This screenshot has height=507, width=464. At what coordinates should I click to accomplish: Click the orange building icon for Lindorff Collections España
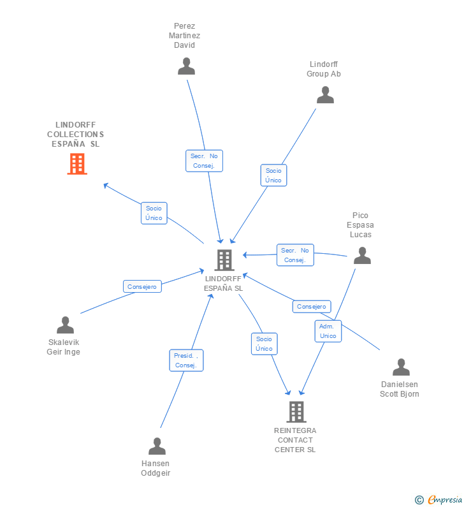click(x=77, y=164)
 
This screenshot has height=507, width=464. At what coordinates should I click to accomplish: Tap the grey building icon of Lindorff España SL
click(x=224, y=260)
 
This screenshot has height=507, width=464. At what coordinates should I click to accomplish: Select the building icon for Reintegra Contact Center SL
click(x=296, y=412)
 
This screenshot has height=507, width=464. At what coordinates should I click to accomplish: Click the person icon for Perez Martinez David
click(x=186, y=66)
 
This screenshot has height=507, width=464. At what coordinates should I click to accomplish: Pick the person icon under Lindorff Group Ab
click(x=325, y=95)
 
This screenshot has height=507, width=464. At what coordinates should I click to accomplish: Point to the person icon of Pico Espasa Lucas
click(x=362, y=256)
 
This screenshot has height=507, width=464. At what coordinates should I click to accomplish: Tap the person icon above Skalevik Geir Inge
click(x=65, y=325)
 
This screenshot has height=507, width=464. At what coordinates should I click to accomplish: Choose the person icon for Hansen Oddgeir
click(x=157, y=446)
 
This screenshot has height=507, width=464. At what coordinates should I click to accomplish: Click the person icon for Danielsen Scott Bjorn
click(x=401, y=367)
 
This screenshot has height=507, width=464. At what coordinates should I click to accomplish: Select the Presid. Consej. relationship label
click(x=186, y=360)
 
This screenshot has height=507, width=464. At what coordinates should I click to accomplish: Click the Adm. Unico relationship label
click(x=328, y=331)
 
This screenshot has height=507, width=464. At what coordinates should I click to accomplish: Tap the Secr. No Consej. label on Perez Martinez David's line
click(x=204, y=161)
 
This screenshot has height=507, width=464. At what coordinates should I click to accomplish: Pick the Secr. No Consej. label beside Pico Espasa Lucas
click(x=295, y=255)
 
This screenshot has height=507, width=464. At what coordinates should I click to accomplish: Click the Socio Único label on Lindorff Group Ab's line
click(x=273, y=175)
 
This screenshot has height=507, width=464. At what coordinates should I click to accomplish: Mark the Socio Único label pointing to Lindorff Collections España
click(x=154, y=213)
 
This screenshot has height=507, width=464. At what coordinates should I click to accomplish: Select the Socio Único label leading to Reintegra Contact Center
click(x=264, y=344)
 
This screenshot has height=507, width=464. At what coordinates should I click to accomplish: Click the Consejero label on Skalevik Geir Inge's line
click(x=142, y=287)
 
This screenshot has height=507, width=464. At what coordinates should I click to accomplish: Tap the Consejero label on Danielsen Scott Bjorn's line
click(x=312, y=307)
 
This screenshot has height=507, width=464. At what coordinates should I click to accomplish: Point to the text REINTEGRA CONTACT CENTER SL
click(x=295, y=440)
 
